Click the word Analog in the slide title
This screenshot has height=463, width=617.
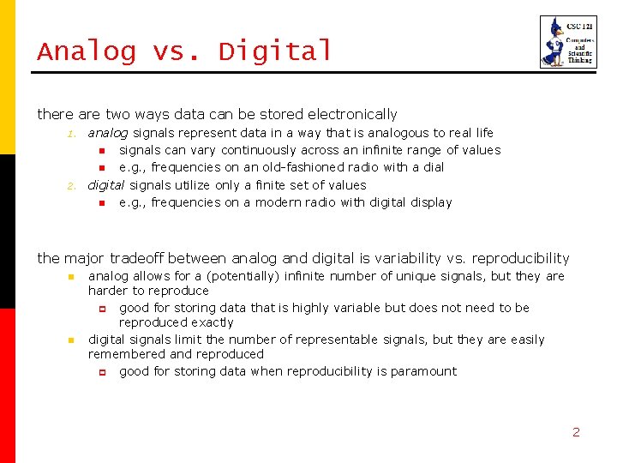[x=86, y=51]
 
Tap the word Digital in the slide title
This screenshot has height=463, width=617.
[x=275, y=51]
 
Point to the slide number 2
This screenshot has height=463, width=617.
[x=576, y=432]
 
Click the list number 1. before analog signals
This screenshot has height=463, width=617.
[x=73, y=134]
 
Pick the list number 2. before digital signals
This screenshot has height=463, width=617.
[x=73, y=185]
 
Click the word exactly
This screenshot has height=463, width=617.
[x=213, y=322]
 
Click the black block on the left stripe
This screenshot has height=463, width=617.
[x=8, y=231]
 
